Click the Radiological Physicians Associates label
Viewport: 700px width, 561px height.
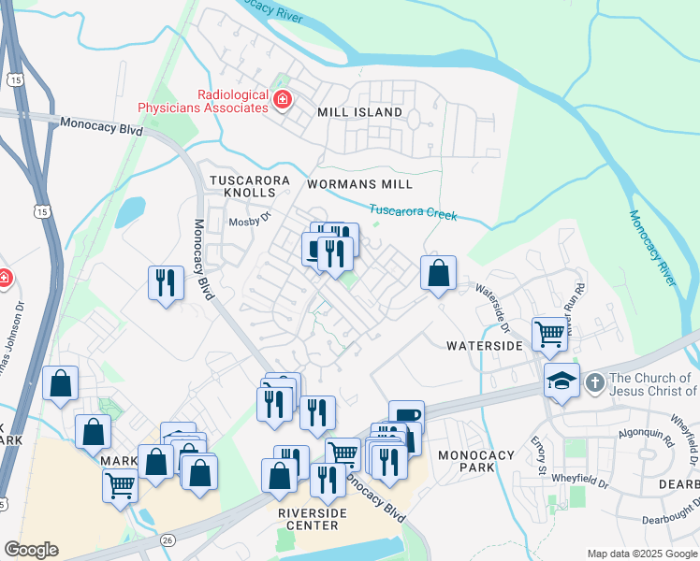202,101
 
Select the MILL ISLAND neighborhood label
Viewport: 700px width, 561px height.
359,112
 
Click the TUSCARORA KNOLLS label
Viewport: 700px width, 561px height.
250,185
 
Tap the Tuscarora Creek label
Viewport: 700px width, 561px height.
413,211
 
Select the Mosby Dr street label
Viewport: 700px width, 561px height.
250,222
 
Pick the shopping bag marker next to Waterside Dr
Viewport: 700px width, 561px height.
438,274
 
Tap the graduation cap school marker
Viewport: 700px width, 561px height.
561,381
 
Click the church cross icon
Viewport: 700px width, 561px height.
593,382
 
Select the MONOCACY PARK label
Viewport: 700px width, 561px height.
477,461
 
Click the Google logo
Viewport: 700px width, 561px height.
31,550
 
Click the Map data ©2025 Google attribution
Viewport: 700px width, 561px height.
641,554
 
